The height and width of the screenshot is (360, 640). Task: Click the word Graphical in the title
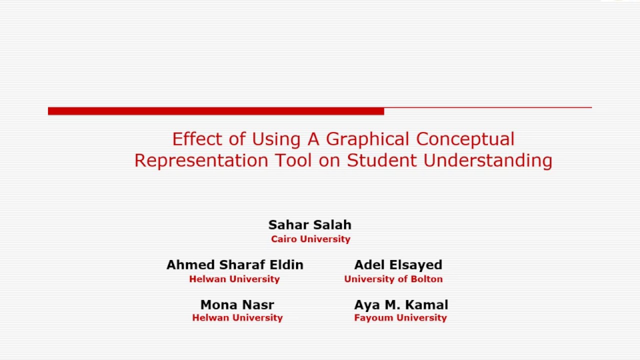(x=367, y=139)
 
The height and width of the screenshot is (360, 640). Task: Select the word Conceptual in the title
(x=465, y=139)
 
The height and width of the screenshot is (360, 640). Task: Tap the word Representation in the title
(x=201, y=160)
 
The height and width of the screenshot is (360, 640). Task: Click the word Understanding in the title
(x=488, y=160)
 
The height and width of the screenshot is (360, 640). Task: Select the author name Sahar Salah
(x=310, y=225)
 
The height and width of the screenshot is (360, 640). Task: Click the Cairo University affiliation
(x=310, y=239)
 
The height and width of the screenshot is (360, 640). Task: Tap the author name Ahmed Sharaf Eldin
(x=235, y=265)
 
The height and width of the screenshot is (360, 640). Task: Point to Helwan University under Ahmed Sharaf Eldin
(x=234, y=279)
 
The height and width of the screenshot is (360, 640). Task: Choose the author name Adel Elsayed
(x=398, y=265)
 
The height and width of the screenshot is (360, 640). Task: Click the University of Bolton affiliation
(x=393, y=279)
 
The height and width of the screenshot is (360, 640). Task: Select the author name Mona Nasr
(x=237, y=305)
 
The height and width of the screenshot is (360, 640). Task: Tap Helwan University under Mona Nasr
(x=237, y=317)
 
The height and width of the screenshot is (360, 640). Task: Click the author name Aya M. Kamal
(x=401, y=305)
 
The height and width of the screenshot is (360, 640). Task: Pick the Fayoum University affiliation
(x=400, y=317)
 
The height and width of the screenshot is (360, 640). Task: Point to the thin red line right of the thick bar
(x=487, y=107)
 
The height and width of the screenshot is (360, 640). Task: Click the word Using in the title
(x=276, y=139)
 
